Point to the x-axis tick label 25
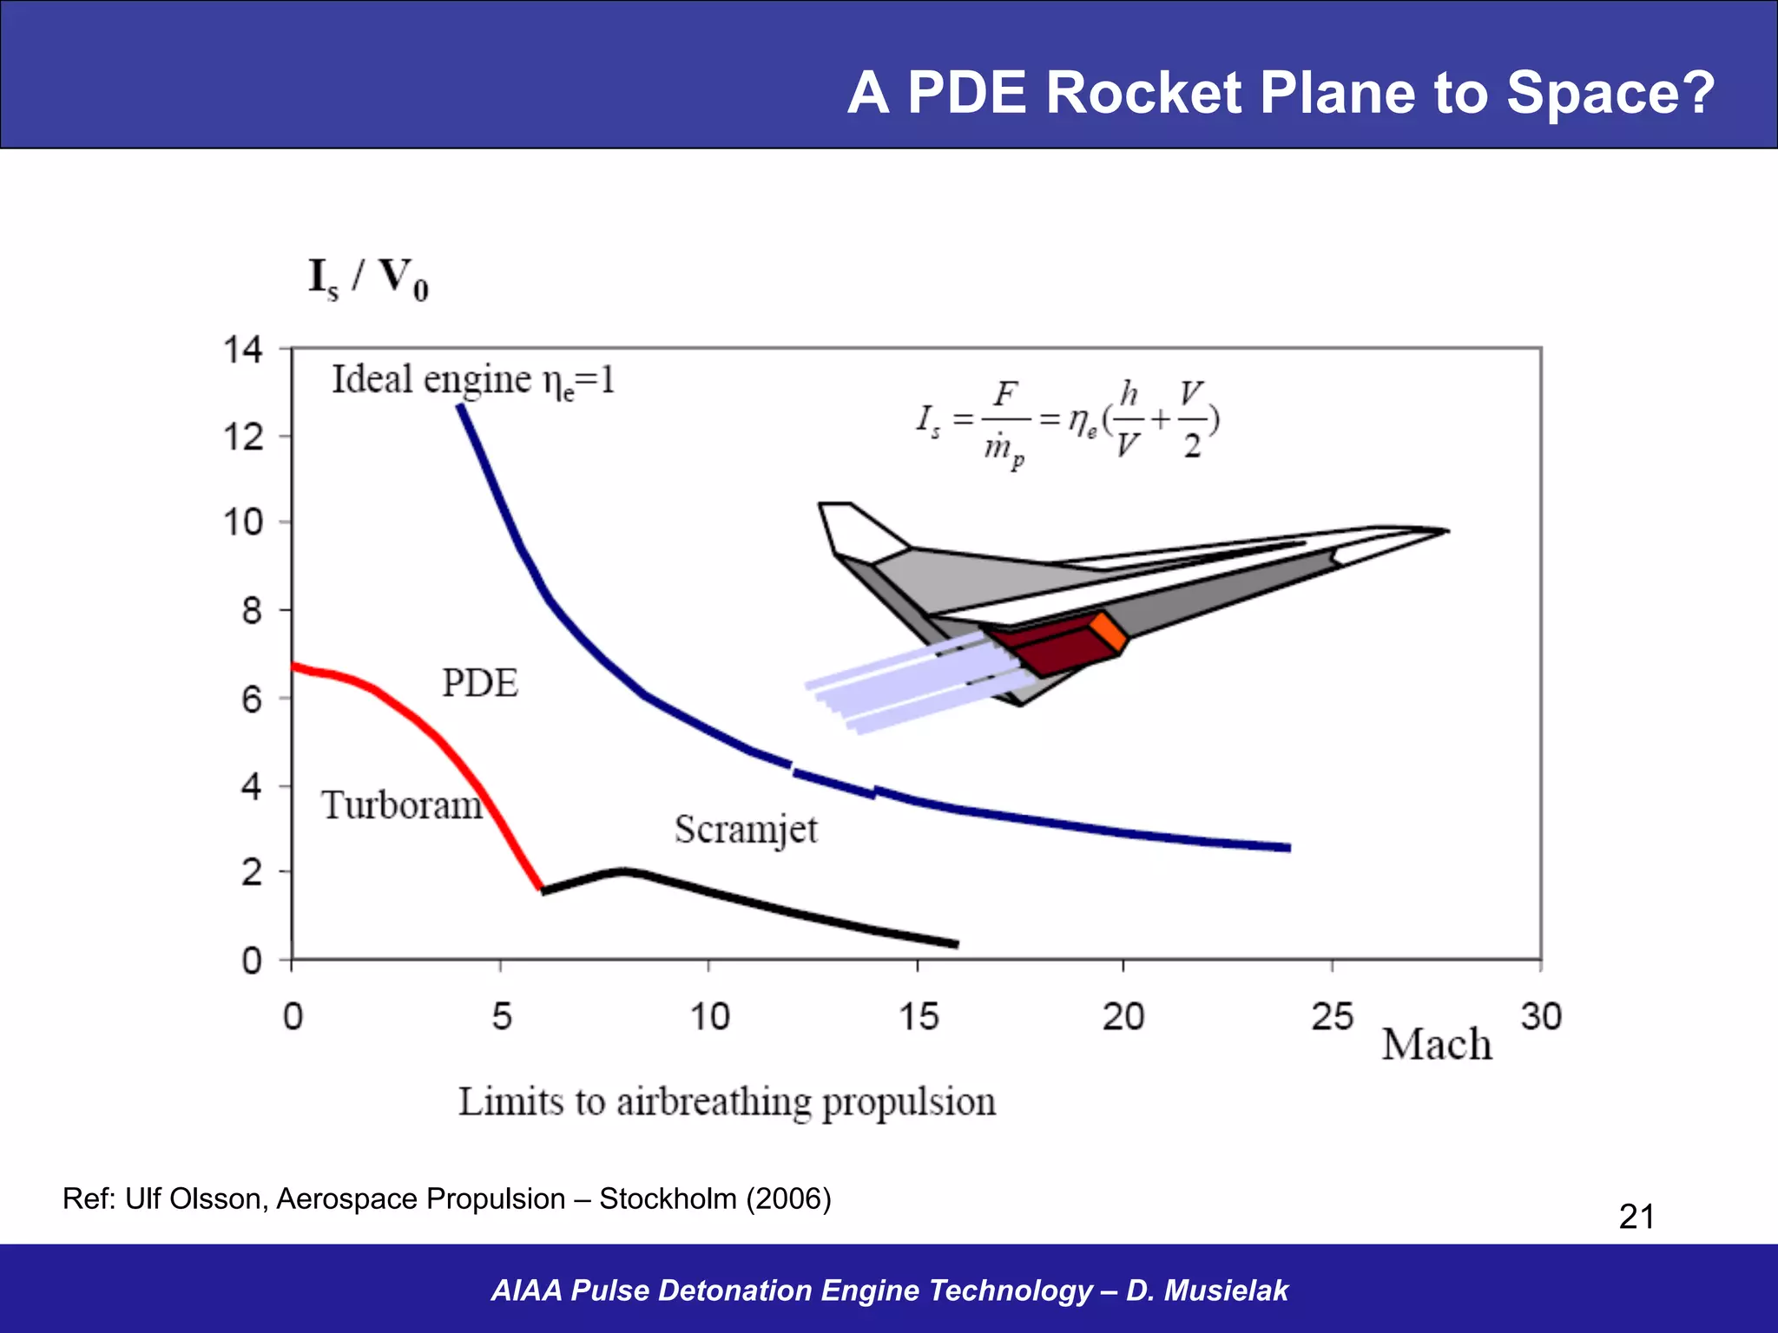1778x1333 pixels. pos(1332,1016)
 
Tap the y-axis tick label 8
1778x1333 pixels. pos(251,611)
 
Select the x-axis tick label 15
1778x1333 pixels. pos(919,1016)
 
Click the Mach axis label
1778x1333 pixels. pos(1437,1045)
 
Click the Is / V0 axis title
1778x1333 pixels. pos(368,279)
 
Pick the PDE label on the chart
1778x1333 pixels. pos(480,683)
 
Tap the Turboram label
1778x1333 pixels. pos(401,805)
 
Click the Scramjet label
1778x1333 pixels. pos(746,830)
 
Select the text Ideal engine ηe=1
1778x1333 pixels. pos(473,380)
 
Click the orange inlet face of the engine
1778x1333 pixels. pos(1110,632)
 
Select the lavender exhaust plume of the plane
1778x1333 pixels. pos(912,686)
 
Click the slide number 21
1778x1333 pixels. pos(1636,1217)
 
